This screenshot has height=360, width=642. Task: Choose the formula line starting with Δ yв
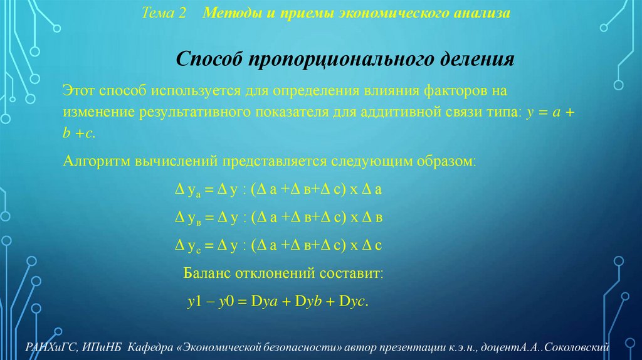pos(278,218)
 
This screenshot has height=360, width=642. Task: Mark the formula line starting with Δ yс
pos(278,245)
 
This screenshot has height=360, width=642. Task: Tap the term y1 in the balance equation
pos(194,300)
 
